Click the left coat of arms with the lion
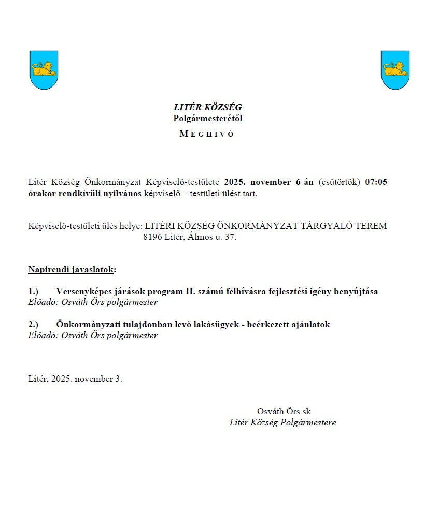tap(44, 70)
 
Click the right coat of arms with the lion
tap(395, 70)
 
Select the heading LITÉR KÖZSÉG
tap(207, 108)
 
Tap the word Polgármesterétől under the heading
tap(207, 118)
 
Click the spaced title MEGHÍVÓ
tap(207, 134)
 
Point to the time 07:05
tap(376, 182)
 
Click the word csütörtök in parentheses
tap(340, 182)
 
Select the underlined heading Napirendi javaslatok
tap(72, 270)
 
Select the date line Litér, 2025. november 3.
tap(75, 379)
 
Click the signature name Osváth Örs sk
tap(284, 411)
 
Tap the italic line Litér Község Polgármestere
tap(282, 422)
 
